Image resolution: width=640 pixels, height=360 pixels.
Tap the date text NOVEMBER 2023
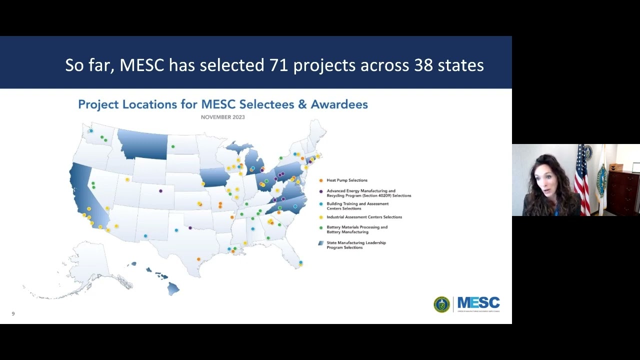click(x=222, y=117)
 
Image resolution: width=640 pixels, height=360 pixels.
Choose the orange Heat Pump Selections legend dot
click(x=320, y=180)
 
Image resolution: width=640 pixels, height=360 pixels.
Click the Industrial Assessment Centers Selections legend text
click(x=364, y=217)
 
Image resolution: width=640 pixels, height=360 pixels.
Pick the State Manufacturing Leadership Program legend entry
click(x=356, y=245)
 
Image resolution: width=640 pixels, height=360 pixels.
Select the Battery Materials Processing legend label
click(x=357, y=229)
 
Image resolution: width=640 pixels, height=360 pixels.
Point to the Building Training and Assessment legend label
click(x=357, y=206)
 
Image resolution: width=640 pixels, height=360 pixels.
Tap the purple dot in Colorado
click(x=160, y=191)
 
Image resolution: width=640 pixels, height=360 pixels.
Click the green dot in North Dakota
click(x=173, y=146)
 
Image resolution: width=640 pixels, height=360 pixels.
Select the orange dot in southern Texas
click(x=198, y=259)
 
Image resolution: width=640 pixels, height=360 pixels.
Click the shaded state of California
click(x=85, y=195)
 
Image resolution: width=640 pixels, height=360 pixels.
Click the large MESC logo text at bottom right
click(x=478, y=302)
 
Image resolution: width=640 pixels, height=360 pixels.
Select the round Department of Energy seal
click(x=441, y=304)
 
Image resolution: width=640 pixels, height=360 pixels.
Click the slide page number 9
click(x=13, y=313)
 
